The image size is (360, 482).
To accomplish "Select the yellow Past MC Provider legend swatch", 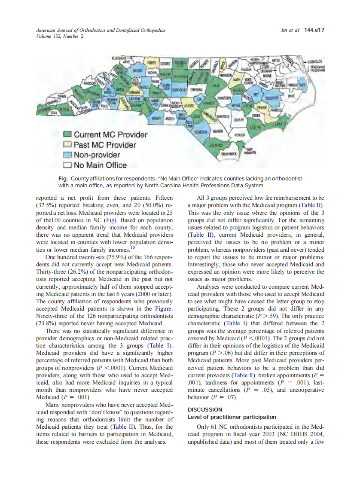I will pyautogui.click(x=67, y=145).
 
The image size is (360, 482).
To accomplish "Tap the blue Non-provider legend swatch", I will pyautogui.click(x=67, y=155).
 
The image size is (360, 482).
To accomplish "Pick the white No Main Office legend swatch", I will pyautogui.click(x=67, y=165).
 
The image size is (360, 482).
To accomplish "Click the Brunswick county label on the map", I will pyautogui.click(x=229, y=153).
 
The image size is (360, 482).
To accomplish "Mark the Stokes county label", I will pyautogui.click(x=165, y=63).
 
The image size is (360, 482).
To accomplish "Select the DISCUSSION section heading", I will pyautogui.click(x=204, y=409).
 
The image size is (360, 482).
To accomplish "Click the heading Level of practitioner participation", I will pyautogui.click(x=232, y=417).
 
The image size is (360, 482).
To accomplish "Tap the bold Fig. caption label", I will pyautogui.click(x=63, y=178).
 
